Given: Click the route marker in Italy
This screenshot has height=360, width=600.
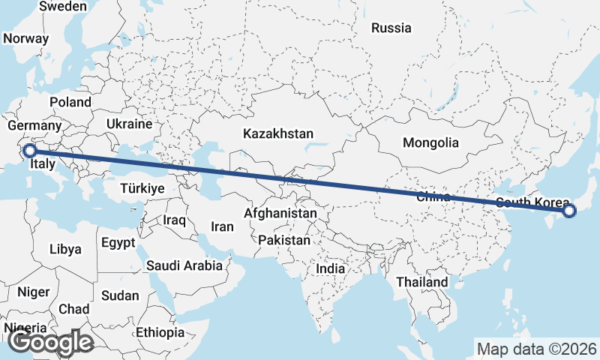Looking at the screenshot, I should click(x=29, y=151).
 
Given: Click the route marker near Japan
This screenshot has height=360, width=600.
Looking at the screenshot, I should click(x=568, y=211).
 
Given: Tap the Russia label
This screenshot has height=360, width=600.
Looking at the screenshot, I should click(x=391, y=28).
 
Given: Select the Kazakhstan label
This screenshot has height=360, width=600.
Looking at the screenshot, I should click(x=277, y=133).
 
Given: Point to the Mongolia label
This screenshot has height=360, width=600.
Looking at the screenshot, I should click(x=430, y=142).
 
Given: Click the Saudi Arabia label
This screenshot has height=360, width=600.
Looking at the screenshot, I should click(x=184, y=265).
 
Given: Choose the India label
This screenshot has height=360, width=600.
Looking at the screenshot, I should click(x=331, y=268).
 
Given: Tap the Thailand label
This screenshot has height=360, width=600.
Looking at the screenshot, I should click(x=422, y=282).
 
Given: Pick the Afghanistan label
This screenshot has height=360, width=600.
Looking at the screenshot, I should click(x=280, y=214).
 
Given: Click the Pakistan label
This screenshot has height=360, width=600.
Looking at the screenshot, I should click(x=283, y=241).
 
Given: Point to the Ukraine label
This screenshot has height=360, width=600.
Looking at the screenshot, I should click(x=129, y=124).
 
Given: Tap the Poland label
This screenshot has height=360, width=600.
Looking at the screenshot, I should click(x=70, y=102).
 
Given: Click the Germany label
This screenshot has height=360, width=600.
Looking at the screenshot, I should click(x=34, y=125).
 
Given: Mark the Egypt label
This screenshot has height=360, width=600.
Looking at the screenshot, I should click(x=118, y=243).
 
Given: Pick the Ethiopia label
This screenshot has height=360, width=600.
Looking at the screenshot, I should click(x=160, y=332).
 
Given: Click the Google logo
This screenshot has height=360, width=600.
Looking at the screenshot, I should click(x=51, y=343).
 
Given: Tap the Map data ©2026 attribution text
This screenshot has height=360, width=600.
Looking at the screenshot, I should click(x=536, y=349).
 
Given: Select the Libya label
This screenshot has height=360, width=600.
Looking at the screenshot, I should click(x=65, y=249).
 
